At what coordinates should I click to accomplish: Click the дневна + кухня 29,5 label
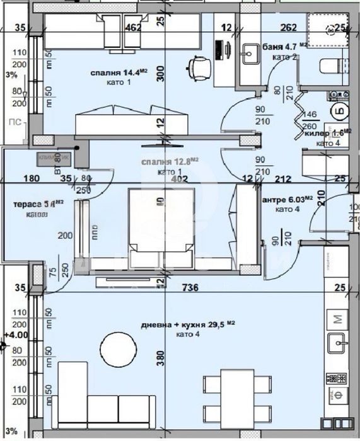pyautogui.click(x=187, y=324)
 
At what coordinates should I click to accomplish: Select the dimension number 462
pyautogui.click(x=132, y=28)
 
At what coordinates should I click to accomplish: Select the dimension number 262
pyautogui.click(x=289, y=28)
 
